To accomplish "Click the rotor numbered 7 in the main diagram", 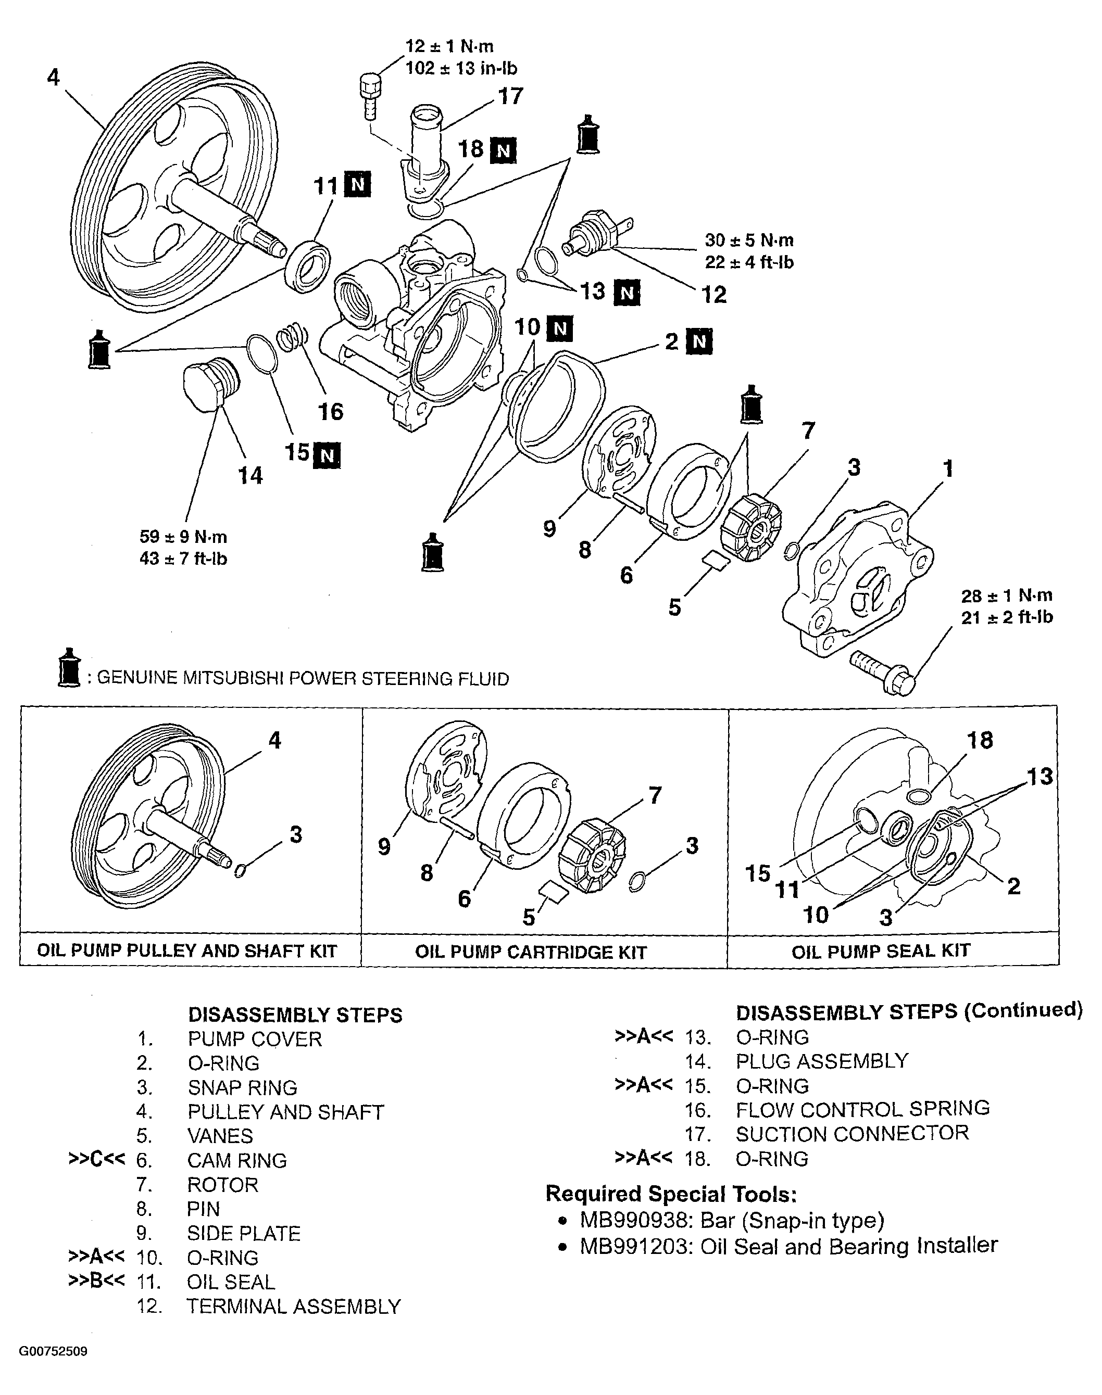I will (x=750, y=523).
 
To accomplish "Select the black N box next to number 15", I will (x=327, y=456).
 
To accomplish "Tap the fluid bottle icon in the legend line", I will (x=68, y=667).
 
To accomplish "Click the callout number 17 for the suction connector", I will (x=510, y=97).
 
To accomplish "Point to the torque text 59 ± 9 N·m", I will (x=183, y=537).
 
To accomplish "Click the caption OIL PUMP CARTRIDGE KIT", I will (x=530, y=953).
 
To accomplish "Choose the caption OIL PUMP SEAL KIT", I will (x=881, y=952).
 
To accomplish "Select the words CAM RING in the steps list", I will (x=237, y=1160).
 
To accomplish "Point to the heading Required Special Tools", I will (x=671, y=1194).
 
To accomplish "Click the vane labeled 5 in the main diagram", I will (x=716, y=559).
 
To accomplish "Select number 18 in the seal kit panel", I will (x=980, y=740).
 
